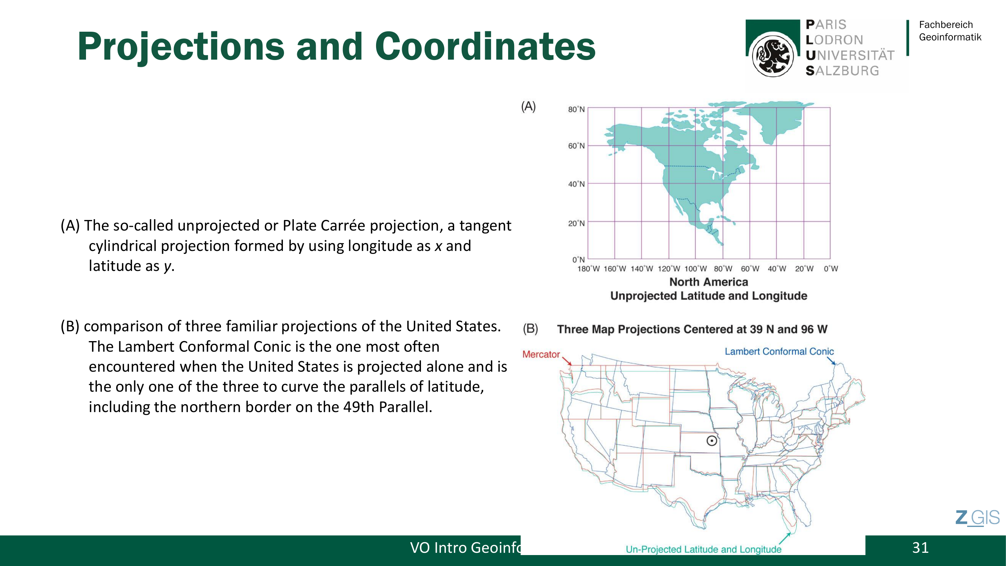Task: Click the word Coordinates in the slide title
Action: point(485,46)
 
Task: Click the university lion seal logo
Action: point(773,55)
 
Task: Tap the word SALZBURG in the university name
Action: point(842,71)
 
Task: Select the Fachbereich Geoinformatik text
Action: point(950,31)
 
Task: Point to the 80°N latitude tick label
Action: point(576,109)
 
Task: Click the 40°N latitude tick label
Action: point(576,184)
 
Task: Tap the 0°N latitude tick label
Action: point(578,260)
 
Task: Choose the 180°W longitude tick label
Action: point(588,269)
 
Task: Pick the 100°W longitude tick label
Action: point(696,269)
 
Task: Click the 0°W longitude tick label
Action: point(831,269)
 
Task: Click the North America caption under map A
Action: point(708,282)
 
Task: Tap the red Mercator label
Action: point(541,354)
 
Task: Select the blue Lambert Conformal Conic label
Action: point(779,352)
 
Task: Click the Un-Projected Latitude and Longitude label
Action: point(703,549)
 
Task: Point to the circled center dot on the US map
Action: point(711,441)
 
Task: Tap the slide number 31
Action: point(920,548)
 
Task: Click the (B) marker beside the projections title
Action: point(530,329)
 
